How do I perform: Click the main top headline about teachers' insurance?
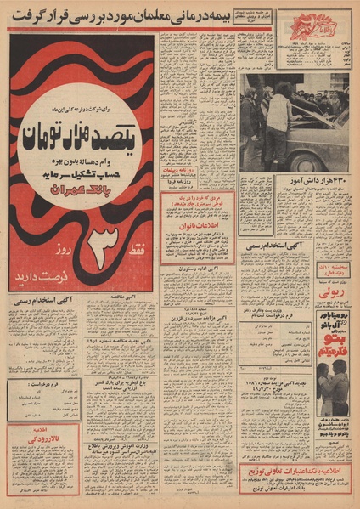(x=178, y=14)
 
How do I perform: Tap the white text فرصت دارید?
(x=82, y=281)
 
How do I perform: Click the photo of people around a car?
(x=293, y=121)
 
